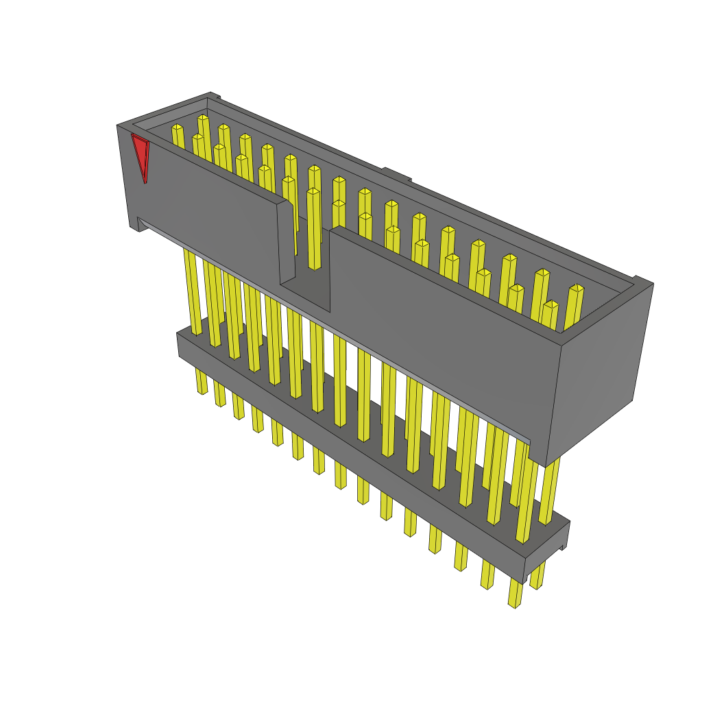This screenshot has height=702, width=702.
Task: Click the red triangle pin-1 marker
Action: tap(141, 156)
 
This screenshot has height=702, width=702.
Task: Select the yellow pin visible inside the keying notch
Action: tap(313, 230)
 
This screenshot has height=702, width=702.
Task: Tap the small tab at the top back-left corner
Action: tap(214, 96)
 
